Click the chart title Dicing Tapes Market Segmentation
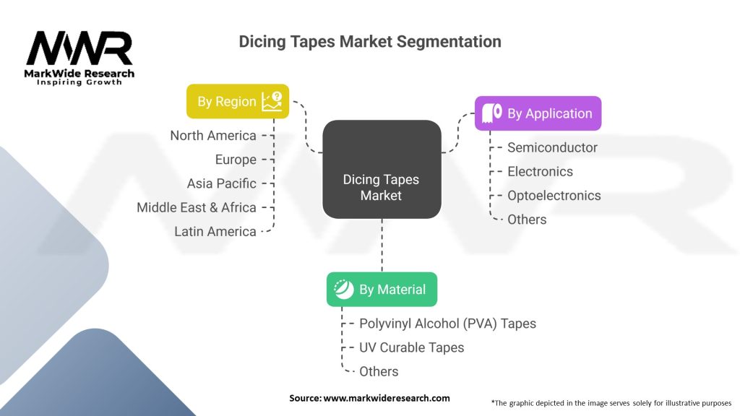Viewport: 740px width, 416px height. (370, 42)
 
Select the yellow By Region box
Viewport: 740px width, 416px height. (238, 102)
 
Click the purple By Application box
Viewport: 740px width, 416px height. (538, 113)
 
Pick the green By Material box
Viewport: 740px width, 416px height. (382, 290)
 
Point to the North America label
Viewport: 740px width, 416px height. (213, 136)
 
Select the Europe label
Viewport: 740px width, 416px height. (236, 160)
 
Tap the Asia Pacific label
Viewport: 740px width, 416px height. (221, 183)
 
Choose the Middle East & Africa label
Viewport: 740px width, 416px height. (197, 207)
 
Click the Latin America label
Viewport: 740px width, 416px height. (215, 231)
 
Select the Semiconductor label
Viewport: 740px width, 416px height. (552, 147)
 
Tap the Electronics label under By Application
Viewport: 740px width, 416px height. (540, 171)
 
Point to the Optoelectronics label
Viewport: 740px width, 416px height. (554, 195)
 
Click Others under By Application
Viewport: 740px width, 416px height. (527, 219)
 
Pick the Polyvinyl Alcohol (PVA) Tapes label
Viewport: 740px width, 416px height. (447, 324)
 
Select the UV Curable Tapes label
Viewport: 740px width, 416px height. (411, 347)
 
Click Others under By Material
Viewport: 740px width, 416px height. (379, 371)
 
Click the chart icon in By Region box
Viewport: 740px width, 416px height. (272, 101)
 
